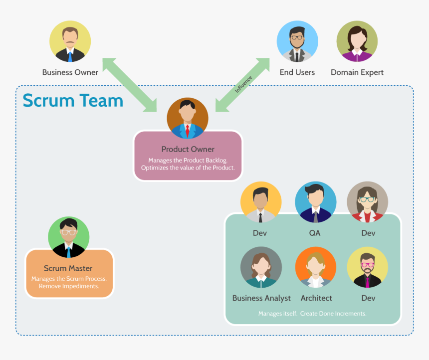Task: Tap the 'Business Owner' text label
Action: tap(70, 72)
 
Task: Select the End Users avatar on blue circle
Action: tap(297, 41)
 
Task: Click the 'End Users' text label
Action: tap(297, 72)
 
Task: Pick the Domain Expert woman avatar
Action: tap(357, 41)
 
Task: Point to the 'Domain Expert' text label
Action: tap(357, 72)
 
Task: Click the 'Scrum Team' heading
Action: tap(73, 100)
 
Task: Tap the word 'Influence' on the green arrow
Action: tap(243, 84)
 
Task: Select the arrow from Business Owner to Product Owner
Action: tap(129, 84)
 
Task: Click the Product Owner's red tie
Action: tap(188, 131)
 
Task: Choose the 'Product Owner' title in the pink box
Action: tap(188, 149)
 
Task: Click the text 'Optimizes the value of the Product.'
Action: tap(188, 168)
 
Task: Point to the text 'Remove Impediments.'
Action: tap(69, 287)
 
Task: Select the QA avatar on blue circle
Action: tap(315, 202)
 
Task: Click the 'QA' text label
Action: tap(315, 233)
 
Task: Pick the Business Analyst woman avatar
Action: tap(261, 267)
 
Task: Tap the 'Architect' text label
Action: tap(316, 298)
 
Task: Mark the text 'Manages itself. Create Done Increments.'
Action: tap(312, 314)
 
